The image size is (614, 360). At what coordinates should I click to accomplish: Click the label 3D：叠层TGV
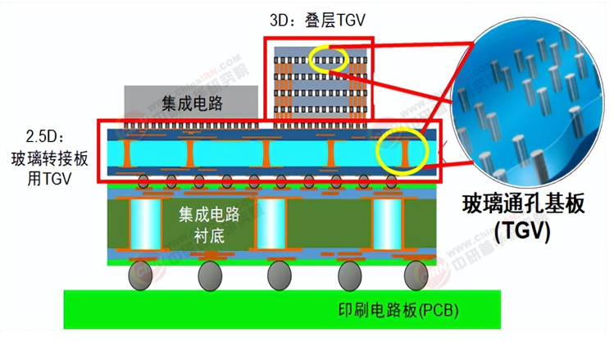317,20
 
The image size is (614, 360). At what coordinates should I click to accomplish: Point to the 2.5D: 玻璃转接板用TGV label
49,158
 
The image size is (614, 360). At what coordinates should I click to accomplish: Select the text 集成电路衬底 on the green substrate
209,225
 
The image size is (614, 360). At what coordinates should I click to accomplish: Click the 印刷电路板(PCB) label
398,311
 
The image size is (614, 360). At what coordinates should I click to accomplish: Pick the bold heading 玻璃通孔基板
523,204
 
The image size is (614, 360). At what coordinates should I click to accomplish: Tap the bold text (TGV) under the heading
522,231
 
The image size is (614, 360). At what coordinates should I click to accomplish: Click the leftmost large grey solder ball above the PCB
140,276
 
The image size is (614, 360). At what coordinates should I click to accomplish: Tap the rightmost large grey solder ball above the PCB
416,276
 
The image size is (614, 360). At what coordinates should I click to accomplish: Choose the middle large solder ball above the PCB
280,276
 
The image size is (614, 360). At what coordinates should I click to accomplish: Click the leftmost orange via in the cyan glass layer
126,153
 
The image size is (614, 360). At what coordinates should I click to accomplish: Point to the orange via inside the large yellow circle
404,153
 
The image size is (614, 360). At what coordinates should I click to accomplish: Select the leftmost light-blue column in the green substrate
145,224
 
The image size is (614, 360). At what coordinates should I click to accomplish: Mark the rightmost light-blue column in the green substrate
387,224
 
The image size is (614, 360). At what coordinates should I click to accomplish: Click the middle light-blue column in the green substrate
271,224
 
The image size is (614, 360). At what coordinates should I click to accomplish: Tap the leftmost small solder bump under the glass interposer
143,181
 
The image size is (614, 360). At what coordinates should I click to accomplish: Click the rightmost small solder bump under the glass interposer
391,181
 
